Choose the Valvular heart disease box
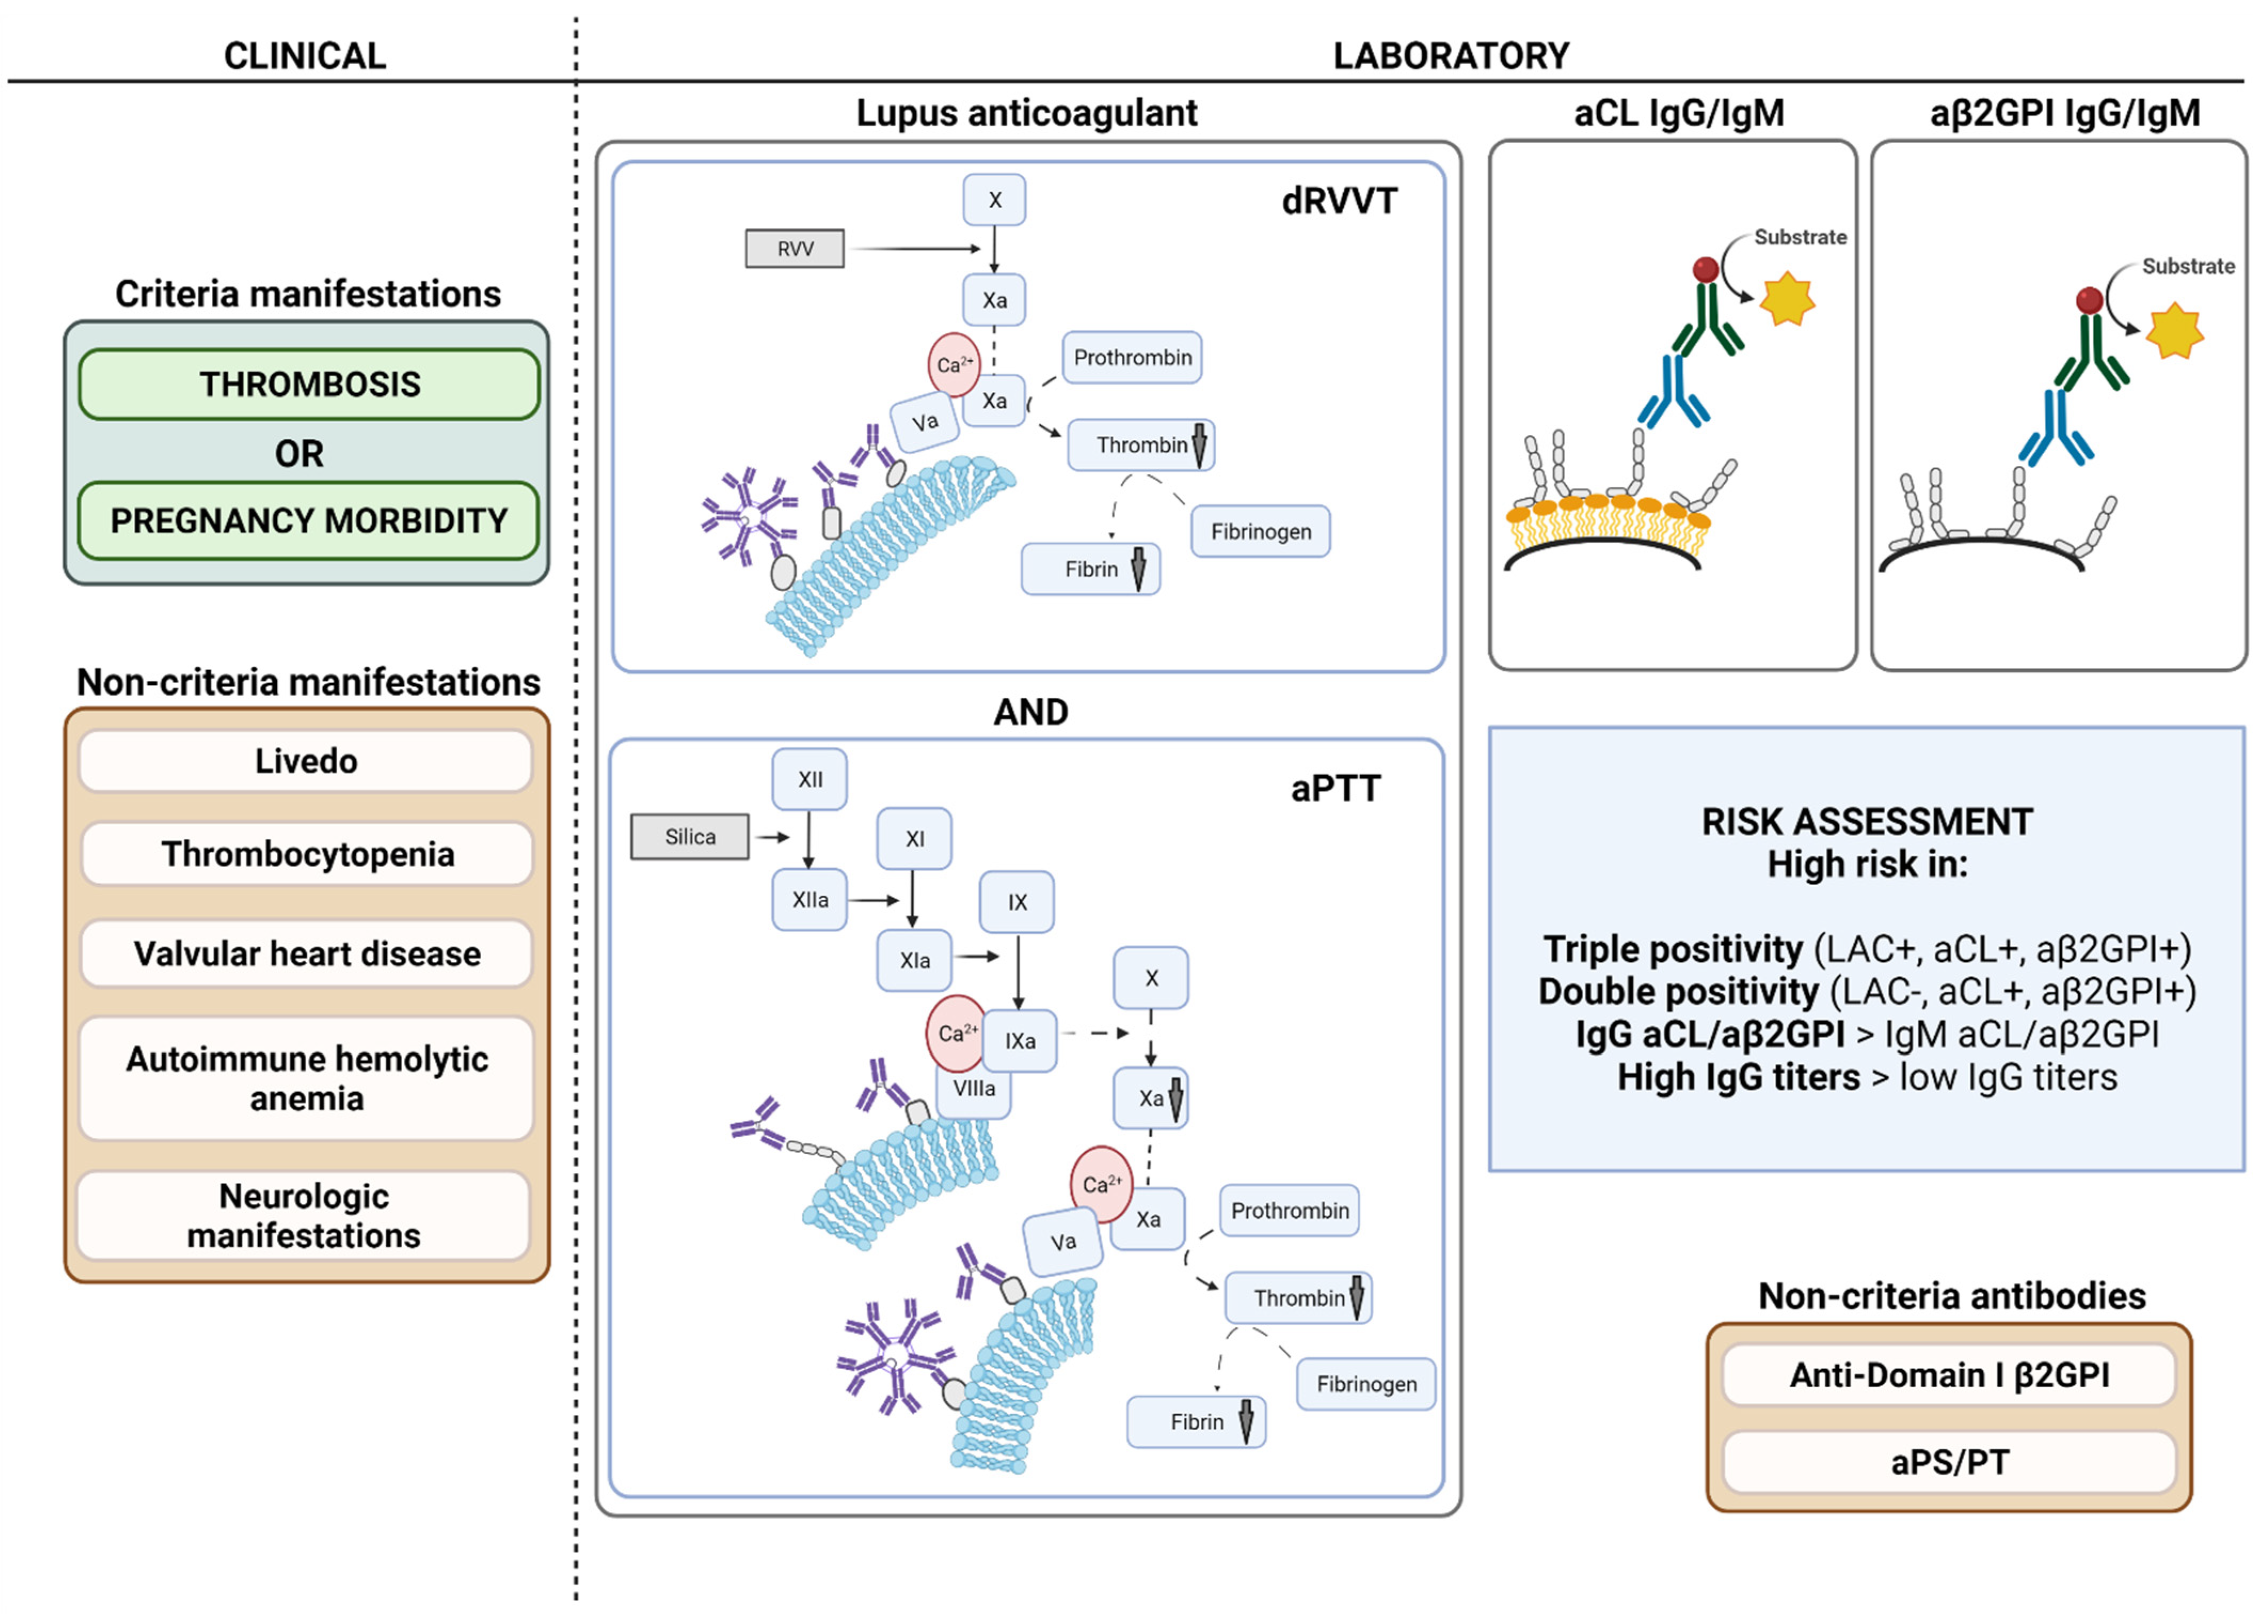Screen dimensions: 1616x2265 coord(306,953)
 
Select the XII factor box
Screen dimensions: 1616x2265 coord(810,779)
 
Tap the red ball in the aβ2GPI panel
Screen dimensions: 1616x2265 coord(2089,299)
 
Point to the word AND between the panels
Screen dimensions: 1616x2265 coord(1031,712)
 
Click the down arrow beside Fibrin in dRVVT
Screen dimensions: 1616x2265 coord(1138,569)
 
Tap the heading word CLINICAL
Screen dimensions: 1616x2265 coord(305,55)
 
